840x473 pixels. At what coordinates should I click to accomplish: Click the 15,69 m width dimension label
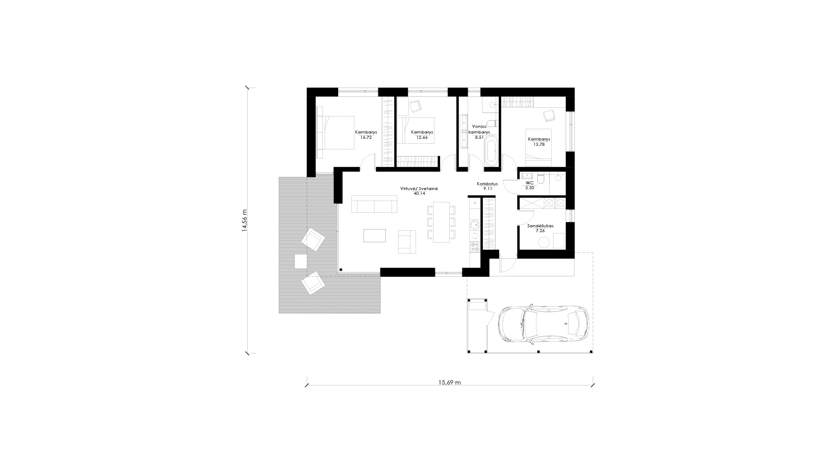point(449,382)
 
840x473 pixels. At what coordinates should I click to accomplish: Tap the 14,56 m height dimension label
point(245,222)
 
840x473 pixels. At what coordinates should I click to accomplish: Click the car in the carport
point(544,324)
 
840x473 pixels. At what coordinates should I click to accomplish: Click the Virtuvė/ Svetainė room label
point(419,188)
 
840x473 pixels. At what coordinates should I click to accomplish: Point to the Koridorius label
point(487,184)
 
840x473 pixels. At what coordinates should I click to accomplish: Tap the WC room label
point(529,183)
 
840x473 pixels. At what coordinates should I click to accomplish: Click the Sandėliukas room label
point(540,226)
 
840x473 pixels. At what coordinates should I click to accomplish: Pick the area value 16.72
point(366,137)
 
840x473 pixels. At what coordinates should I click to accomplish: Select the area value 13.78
point(539,144)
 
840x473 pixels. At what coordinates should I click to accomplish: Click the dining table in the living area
point(441,222)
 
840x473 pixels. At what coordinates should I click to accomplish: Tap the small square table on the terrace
point(301,261)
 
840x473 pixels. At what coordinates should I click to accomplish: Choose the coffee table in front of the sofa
point(375,235)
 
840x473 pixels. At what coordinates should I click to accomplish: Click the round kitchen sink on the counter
point(474,225)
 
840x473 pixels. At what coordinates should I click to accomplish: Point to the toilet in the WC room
point(541,179)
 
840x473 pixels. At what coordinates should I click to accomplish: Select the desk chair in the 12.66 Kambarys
point(415,106)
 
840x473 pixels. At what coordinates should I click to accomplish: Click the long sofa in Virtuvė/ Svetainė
point(374,204)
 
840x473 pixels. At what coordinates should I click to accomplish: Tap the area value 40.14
point(419,193)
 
